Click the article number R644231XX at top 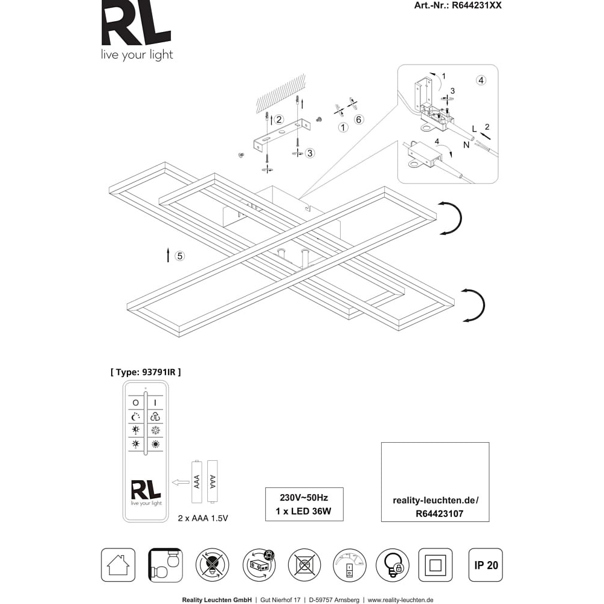click(477, 5)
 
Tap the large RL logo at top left click(135, 25)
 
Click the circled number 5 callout click(179, 255)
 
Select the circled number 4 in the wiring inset click(481, 80)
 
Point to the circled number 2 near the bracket click(279, 120)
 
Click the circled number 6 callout click(359, 120)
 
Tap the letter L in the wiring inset click(474, 129)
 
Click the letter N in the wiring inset click(466, 145)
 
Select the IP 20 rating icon click(486, 565)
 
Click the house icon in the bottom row click(118, 565)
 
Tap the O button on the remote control click(135, 402)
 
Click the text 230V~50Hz click(304, 498)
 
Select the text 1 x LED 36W click(304, 512)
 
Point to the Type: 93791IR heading click(146, 372)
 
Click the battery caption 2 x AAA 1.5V click(203, 518)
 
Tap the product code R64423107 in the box click(440, 514)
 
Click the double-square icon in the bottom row click(435, 565)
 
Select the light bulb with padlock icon click(393, 565)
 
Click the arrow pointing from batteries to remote click(181, 482)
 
